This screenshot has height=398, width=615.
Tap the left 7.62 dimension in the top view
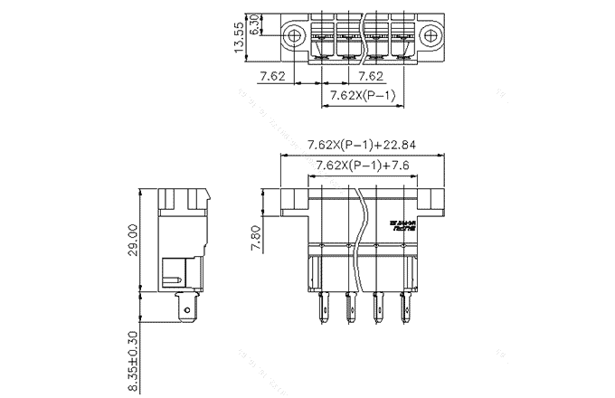tap(273, 76)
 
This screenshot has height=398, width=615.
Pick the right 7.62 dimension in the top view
tap(371, 76)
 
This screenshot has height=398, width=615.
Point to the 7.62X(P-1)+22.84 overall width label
tap(361, 145)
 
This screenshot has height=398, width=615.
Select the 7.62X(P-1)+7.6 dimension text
tap(362, 166)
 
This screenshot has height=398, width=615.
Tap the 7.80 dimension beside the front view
tap(256, 240)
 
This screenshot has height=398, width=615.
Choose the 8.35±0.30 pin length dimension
tap(133, 359)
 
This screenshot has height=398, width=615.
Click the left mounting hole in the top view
tap(293, 37)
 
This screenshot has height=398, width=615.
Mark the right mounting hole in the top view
tap(430, 37)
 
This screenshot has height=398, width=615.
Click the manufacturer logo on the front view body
tap(402, 226)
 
